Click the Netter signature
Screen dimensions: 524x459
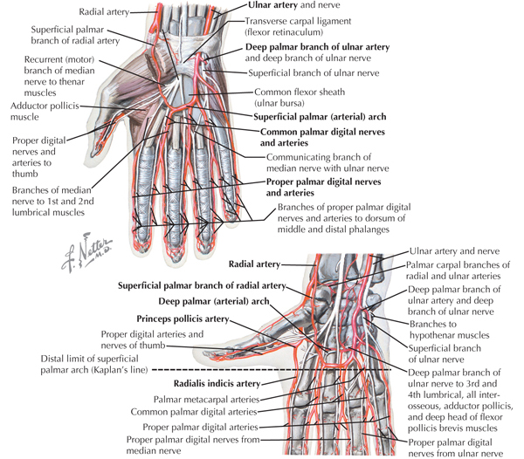tap(87, 252)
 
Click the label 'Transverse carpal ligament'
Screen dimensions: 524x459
tap(298, 21)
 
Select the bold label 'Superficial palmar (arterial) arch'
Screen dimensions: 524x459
tap(320, 117)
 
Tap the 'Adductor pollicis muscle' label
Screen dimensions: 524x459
tap(45, 112)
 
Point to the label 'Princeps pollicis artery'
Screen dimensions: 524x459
tap(183, 319)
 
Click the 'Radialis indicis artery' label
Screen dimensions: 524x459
tap(217, 384)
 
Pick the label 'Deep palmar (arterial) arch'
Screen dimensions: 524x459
tap(214, 301)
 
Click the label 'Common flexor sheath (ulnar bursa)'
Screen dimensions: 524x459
tap(300, 98)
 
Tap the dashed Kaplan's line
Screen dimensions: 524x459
tap(272, 369)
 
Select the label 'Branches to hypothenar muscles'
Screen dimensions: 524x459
tap(449, 330)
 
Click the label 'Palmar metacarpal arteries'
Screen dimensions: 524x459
tap(206, 400)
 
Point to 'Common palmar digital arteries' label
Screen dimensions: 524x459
tap(194, 412)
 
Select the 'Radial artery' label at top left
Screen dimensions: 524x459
tap(104, 12)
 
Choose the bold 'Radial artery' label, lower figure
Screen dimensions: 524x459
tap(254, 264)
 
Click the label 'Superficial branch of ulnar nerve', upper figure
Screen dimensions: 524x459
tap(314, 73)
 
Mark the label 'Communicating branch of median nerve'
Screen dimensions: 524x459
tap(327, 162)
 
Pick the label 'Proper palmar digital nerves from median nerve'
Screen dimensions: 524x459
tap(193, 445)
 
